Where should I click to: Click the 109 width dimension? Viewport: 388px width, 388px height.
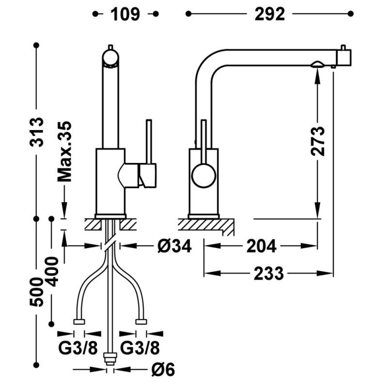click(x=126, y=14)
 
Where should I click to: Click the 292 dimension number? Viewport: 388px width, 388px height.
click(x=270, y=14)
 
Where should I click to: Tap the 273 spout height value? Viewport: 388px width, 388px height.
click(x=318, y=141)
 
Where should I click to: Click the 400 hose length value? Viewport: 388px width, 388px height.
click(x=52, y=272)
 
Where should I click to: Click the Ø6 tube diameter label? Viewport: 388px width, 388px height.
click(x=162, y=370)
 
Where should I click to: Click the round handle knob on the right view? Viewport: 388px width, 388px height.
click(x=204, y=175)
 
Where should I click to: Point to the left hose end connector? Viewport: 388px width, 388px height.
click(x=79, y=321)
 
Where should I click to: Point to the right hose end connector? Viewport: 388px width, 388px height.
click(x=141, y=321)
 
